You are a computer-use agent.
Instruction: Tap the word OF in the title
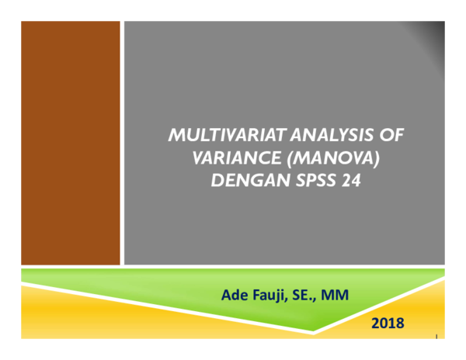(393, 135)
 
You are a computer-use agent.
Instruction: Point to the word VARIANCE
(229, 158)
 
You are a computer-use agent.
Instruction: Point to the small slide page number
(437, 335)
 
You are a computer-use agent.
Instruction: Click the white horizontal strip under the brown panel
(70, 267)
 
